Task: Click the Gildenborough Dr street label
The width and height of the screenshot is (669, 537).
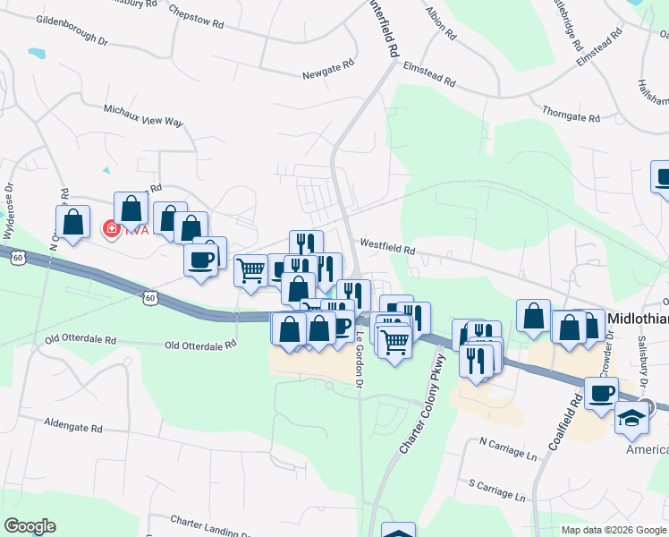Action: pos(72,41)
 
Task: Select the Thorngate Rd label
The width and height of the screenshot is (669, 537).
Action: pos(570,116)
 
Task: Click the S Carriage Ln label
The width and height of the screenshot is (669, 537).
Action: pos(496,489)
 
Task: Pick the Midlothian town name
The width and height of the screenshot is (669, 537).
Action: pos(638,319)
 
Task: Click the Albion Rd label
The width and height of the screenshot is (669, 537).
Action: pos(443,27)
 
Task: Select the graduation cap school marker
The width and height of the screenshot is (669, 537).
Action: pos(631,419)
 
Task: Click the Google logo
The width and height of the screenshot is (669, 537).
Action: pos(30,526)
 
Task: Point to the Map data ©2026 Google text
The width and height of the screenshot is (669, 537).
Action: pos(612,530)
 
